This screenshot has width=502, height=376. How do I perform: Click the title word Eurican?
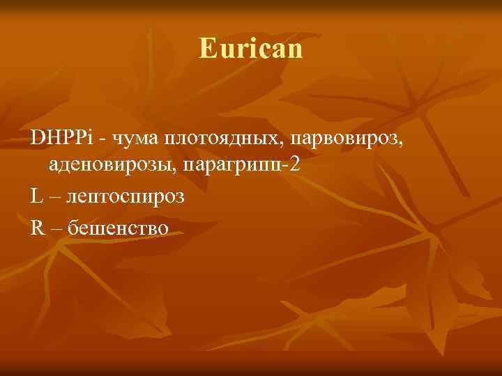click(251, 49)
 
